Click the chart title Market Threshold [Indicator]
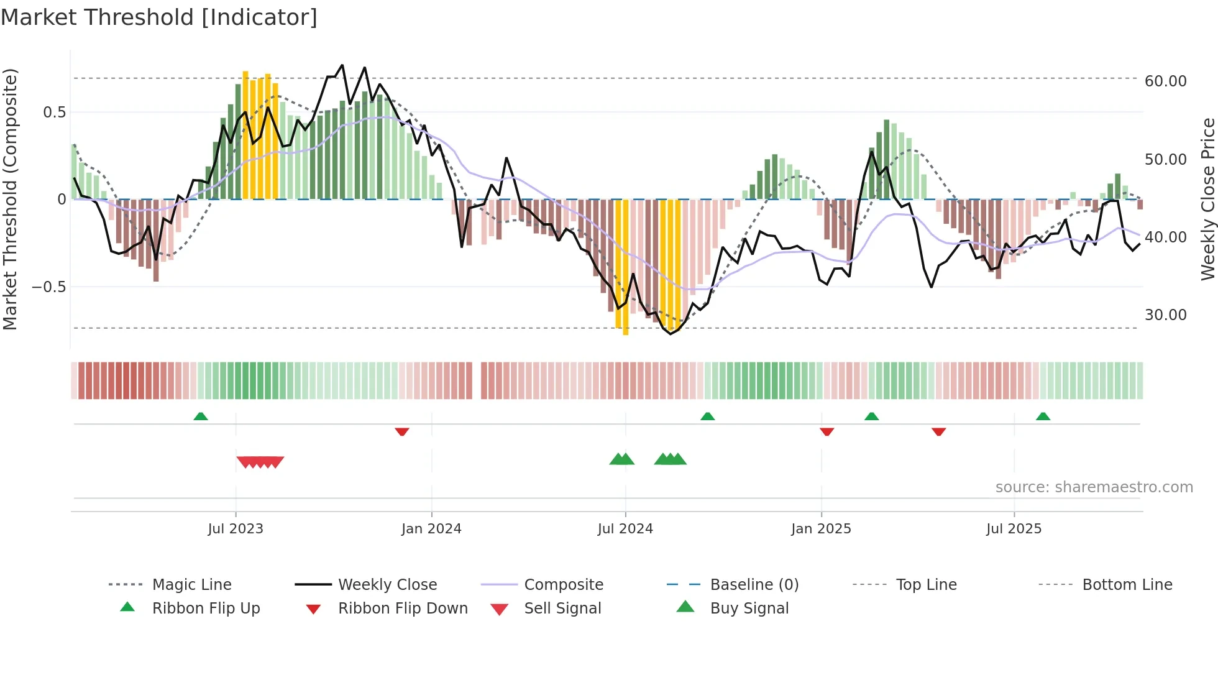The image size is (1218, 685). click(159, 17)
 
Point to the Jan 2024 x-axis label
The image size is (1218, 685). click(431, 528)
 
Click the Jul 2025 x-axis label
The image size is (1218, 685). click(1014, 528)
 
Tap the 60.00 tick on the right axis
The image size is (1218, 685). click(1165, 81)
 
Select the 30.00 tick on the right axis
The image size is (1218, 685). click(1165, 315)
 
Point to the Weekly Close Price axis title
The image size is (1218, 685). click(1207, 199)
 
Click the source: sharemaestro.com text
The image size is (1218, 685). click(1094, 487)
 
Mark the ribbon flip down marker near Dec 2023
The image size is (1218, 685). click(402, 431)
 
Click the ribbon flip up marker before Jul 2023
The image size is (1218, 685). click(200, 416)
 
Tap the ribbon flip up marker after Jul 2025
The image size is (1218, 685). click(1043, 416)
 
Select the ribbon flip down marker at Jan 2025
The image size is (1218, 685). click(826, 431)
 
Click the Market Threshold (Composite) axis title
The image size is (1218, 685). click(10, 199)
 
